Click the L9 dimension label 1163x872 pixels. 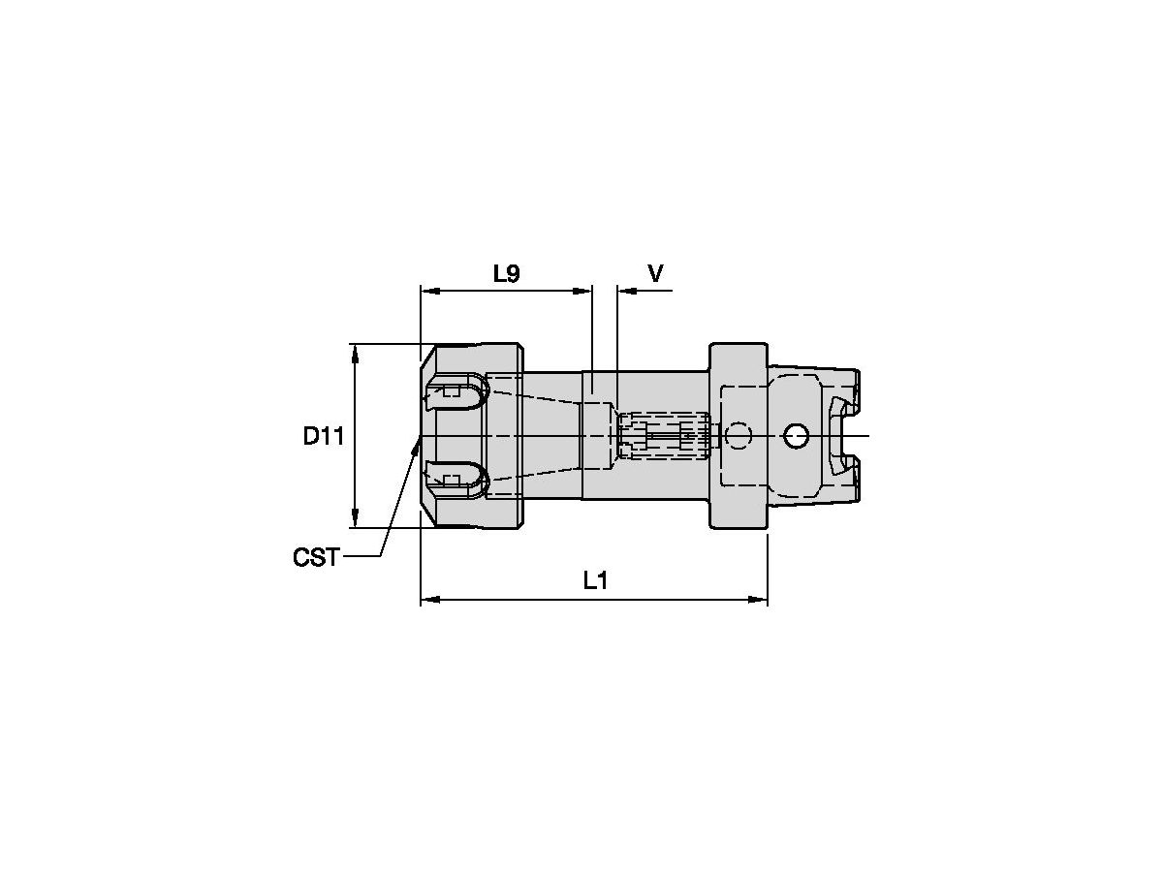click(506, 274)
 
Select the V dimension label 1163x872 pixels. click(655, 274)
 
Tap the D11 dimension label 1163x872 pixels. click(324, 436)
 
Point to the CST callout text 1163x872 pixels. click(316, 557)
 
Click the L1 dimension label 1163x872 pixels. click(595, 581)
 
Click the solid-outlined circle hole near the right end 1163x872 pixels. click(796, 437)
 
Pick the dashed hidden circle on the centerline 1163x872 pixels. click(738, 437)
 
